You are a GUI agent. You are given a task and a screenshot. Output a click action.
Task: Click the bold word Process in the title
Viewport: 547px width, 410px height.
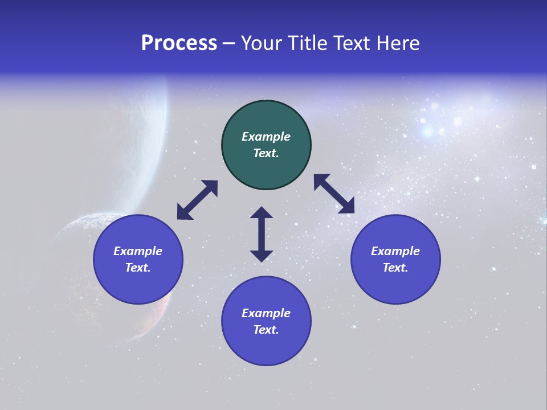point(179,43)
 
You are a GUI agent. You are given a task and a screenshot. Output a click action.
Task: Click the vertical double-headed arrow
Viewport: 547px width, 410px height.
point(262,234)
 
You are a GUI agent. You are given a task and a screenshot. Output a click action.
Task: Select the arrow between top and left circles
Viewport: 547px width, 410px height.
point(197,200)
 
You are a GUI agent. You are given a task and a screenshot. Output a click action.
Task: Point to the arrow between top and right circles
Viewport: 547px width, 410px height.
point(334,194)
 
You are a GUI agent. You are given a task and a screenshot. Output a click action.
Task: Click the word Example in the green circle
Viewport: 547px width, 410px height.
point(266,137)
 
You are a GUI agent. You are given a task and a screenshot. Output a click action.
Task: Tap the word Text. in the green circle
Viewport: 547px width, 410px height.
point(266,153)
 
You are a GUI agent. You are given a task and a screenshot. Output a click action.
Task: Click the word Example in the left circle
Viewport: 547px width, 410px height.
point(138,251)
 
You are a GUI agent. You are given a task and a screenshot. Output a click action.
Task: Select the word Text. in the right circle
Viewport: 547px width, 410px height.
point(395,268)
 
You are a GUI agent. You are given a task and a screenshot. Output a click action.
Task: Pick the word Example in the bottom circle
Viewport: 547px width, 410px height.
point(266,313)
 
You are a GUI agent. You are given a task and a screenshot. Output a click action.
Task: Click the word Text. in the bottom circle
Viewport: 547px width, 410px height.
point(266,330)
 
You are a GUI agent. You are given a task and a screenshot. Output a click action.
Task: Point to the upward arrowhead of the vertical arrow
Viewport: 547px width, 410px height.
point(262,213)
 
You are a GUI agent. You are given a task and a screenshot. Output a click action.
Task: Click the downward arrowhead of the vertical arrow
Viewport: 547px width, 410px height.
point(262,255)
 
